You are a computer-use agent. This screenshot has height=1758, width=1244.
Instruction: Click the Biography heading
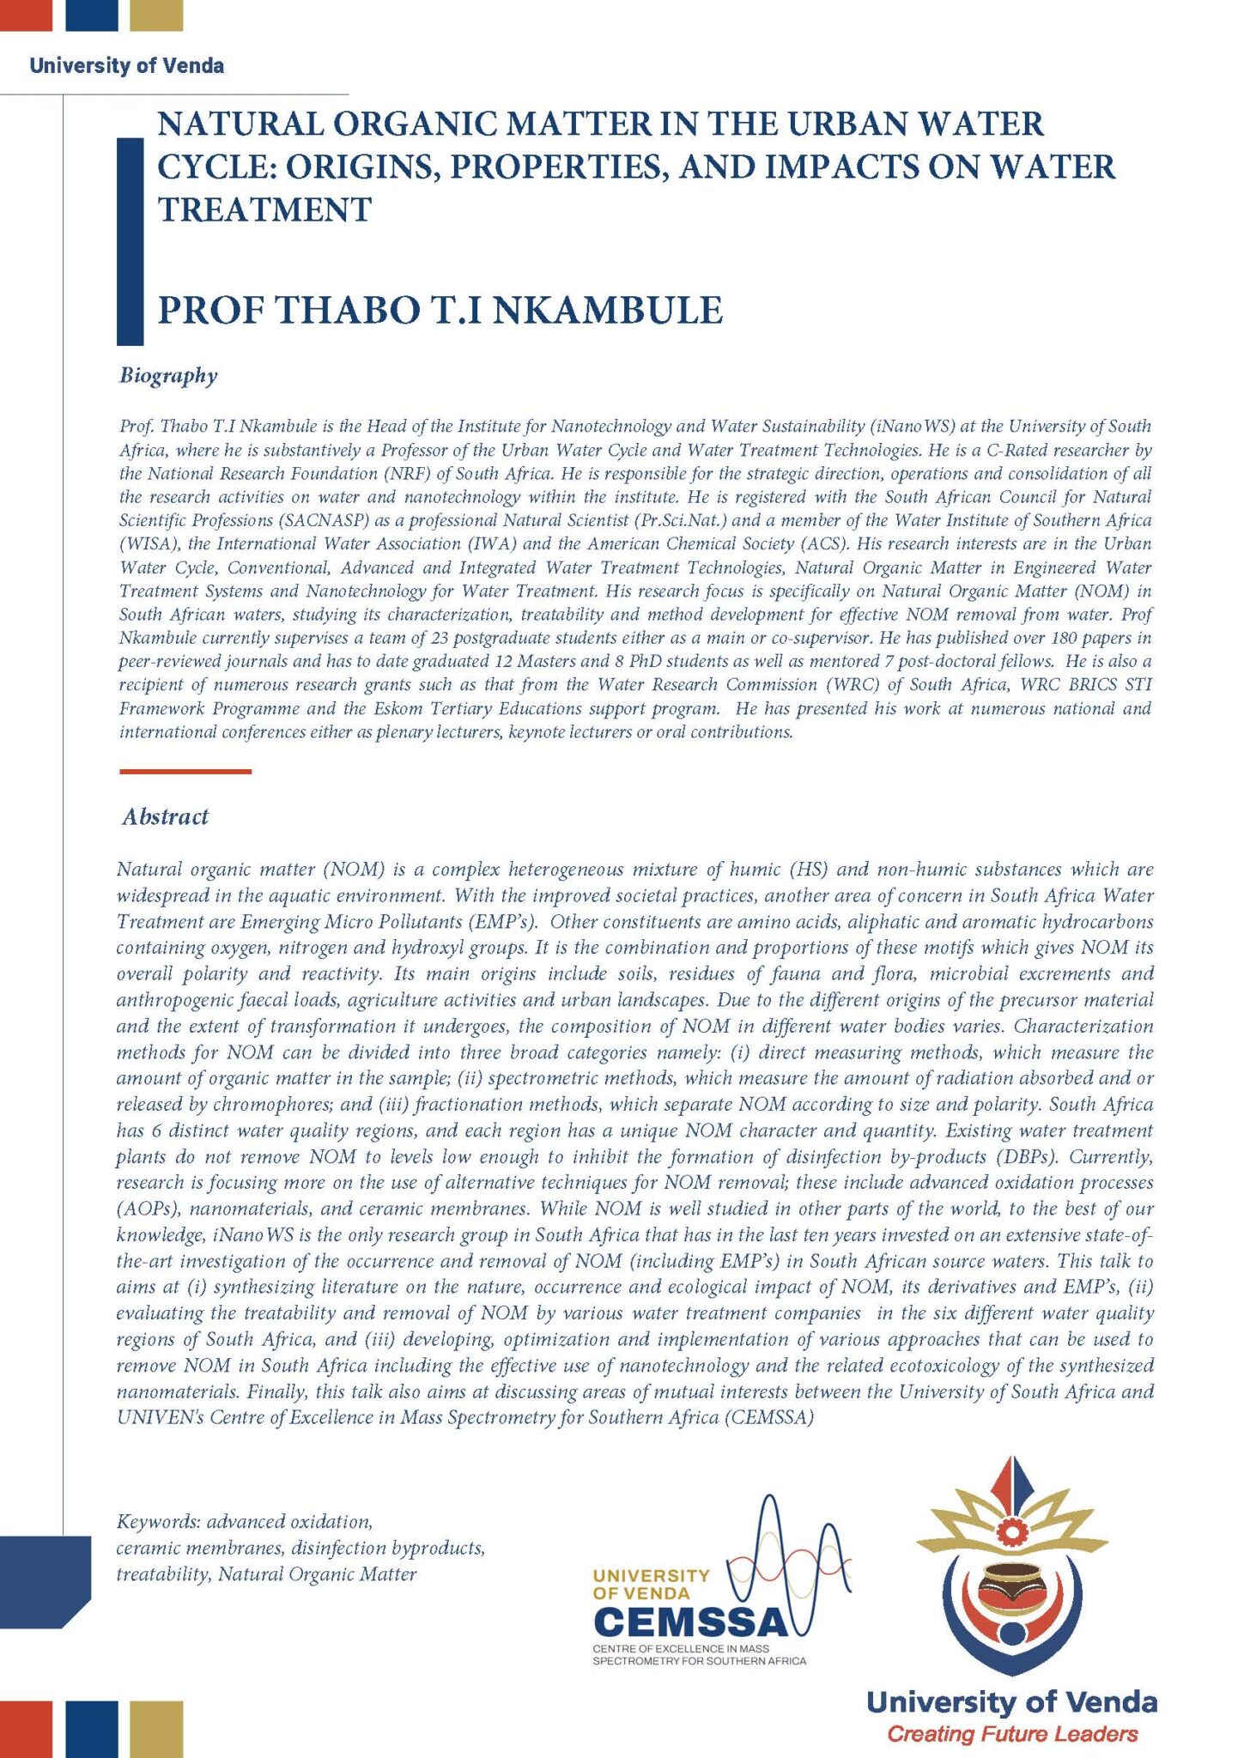coord(168,375)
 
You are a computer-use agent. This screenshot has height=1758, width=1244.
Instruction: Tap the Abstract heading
coord(165,816)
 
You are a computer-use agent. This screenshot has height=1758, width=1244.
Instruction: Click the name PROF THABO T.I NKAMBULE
coord(440,310)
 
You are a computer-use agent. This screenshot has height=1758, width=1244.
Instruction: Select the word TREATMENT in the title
coord(264,209)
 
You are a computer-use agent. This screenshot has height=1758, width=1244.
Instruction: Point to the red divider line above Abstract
coord(185,772)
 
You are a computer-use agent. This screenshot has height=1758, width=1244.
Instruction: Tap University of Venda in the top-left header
coord(126,66)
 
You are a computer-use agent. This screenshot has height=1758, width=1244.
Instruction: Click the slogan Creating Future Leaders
coord(1012,1734)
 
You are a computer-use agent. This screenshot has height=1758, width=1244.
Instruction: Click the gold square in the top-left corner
coord(156,15)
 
